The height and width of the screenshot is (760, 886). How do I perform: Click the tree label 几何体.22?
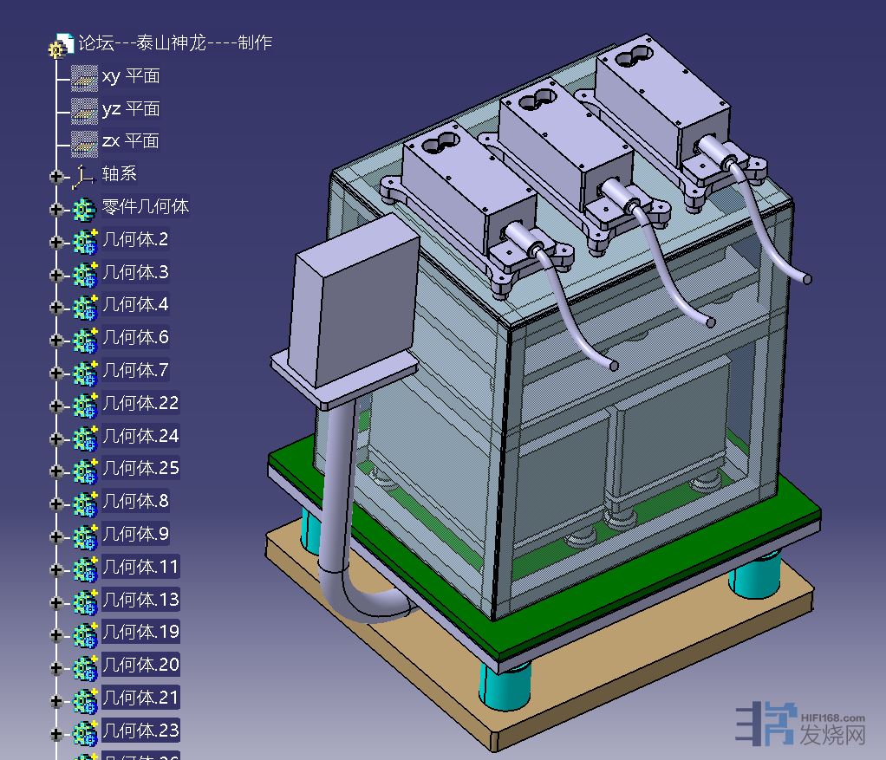(x=140, y=403)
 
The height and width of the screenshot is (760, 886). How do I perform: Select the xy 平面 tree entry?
(x=131, y=75)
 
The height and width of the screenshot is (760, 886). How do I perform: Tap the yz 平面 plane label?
(x=131, y=108)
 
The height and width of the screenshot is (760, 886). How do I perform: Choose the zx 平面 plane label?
(x=131, y=140)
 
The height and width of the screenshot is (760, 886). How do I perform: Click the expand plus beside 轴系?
(x=56, y=177)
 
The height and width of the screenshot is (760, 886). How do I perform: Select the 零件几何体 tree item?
(x=146, y=206)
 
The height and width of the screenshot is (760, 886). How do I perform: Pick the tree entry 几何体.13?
(x=140, y=599)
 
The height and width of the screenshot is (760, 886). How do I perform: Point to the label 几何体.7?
(x=135, y=370)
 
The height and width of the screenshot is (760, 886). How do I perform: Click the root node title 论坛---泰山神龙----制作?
(x=175, y=42)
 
